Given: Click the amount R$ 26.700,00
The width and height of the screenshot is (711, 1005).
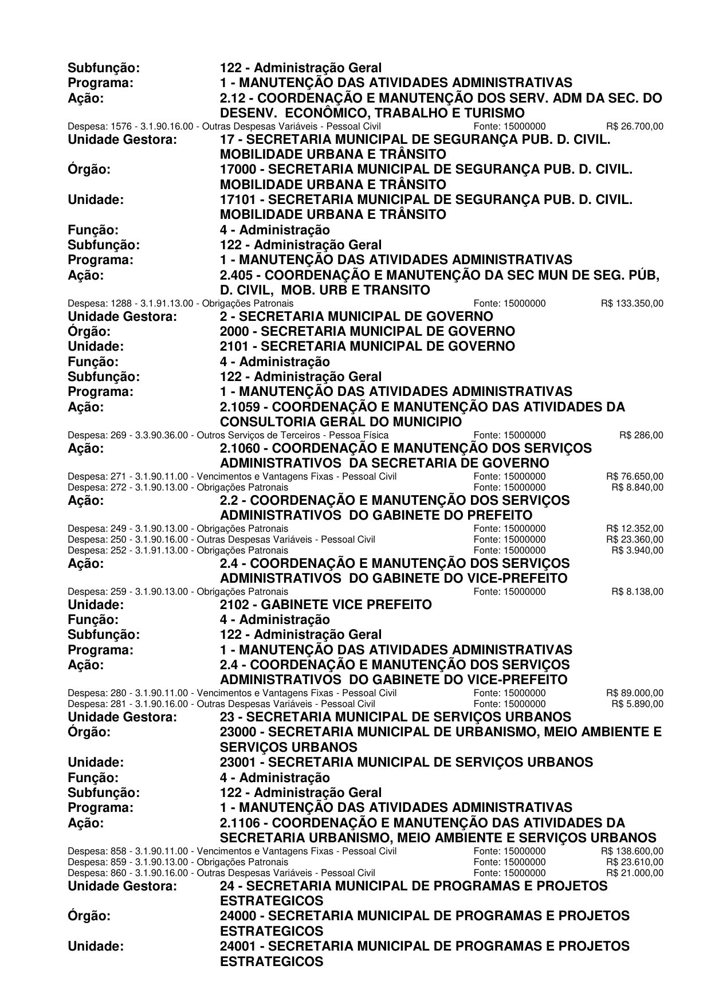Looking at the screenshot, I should (634, 126).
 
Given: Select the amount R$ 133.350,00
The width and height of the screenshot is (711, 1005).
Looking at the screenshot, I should (632, 303).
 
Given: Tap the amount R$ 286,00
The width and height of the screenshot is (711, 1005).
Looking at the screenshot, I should (641, 435).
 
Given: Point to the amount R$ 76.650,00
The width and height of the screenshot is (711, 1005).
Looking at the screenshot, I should (634, 477).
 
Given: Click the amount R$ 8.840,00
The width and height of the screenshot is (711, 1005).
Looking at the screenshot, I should (637, 487).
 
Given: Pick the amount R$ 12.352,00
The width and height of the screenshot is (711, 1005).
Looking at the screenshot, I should (634, 528).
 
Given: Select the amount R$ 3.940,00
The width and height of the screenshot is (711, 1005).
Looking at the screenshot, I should (637, 551).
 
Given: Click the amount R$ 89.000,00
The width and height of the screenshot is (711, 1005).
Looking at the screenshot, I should (634, 693).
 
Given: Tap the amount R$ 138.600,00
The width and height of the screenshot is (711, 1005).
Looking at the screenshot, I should (632, 851).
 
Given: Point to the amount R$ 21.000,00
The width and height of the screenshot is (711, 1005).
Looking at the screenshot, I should (634, 873).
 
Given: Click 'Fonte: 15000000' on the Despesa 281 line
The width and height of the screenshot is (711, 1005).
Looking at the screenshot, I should (509, 704).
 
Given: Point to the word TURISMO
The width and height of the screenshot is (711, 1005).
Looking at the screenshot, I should (490, 113).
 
